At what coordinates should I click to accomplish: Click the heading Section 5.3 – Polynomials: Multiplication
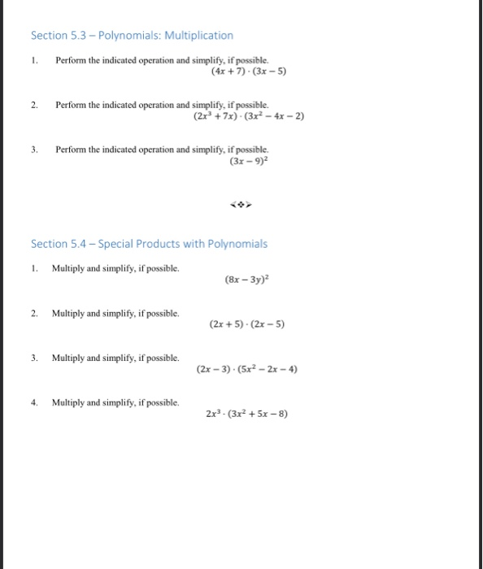[132, 36]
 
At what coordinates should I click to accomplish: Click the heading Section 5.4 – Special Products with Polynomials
[149, 244]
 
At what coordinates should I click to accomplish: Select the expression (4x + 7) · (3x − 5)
[249, 71]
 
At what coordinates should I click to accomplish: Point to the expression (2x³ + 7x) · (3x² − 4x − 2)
[249, 116]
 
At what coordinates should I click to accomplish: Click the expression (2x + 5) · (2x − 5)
[247, 324]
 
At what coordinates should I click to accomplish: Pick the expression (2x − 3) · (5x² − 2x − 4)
[247, 369]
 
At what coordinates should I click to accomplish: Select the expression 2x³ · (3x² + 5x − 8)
[247, 413]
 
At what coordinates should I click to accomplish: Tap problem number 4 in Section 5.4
[34, 402]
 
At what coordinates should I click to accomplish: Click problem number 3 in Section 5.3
[34, 150]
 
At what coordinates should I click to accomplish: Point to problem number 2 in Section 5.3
[34, 106]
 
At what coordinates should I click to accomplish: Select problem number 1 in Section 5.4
[34, 267]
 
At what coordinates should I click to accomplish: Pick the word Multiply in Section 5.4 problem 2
[67, 313]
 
